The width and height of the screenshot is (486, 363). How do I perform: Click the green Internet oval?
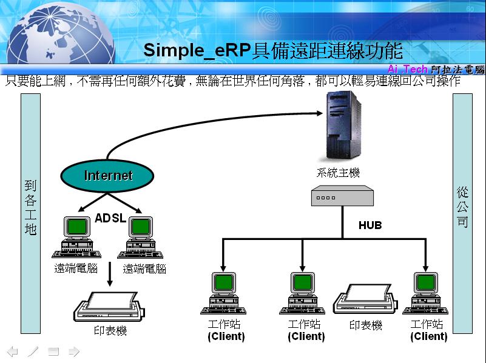point(108,176)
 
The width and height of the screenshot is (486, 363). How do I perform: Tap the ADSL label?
point(110,218)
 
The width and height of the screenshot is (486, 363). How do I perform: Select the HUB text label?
point(370,225)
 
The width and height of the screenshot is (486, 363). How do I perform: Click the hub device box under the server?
point(342,197)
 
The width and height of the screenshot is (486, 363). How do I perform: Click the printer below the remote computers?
point(109,308)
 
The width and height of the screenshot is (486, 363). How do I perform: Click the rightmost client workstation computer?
point(426,293)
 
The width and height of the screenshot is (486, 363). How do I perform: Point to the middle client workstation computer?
point(303,293)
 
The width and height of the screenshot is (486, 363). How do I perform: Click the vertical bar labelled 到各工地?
point(30,212)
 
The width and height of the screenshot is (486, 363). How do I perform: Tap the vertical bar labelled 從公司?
point(462,212)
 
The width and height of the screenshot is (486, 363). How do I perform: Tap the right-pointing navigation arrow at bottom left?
point(73,351)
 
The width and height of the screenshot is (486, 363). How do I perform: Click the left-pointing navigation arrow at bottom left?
point(12,351)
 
